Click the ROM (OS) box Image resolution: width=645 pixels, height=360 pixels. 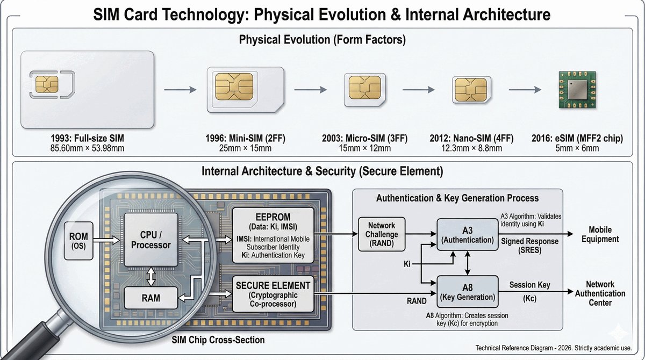coord(78,241)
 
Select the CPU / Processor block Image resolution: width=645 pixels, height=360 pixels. coord(151,240)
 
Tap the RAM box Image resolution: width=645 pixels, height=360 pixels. coord(151,298)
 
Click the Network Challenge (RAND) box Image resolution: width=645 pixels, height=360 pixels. coord(382,234)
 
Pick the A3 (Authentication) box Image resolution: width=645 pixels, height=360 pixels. coord(468,234)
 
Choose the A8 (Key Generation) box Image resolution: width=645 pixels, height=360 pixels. coord(468,292)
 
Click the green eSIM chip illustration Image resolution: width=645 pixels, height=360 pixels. coord(577,90)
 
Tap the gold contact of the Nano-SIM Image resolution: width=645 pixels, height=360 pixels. coord(471,90)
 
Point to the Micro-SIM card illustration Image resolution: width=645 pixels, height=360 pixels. coord(365,90)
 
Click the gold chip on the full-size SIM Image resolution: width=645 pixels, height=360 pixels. coord(47,84)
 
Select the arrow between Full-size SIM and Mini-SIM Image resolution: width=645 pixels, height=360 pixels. coord(180,90)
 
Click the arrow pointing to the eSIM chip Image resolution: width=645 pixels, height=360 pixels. coord(525,90)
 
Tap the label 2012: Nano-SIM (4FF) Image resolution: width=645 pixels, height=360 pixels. coord(471,139)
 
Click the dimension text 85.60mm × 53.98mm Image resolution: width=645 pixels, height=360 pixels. coord(87,148)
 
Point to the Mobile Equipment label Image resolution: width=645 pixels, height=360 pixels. coord(600,234)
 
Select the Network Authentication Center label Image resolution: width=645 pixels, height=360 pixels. coord(600,293)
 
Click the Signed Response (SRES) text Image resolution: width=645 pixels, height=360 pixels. coord(530,246)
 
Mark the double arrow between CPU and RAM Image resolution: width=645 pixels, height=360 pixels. coord(151,277)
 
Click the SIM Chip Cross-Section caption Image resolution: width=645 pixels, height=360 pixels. coord(218,340)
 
